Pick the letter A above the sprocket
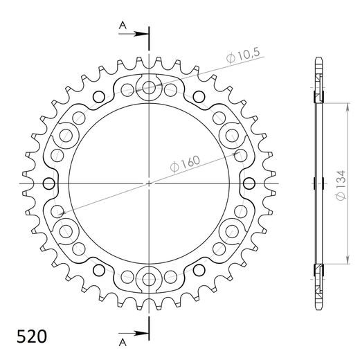tap(123, 25)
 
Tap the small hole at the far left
tap(48, 183)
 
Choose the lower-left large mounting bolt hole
tap(66, 231)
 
